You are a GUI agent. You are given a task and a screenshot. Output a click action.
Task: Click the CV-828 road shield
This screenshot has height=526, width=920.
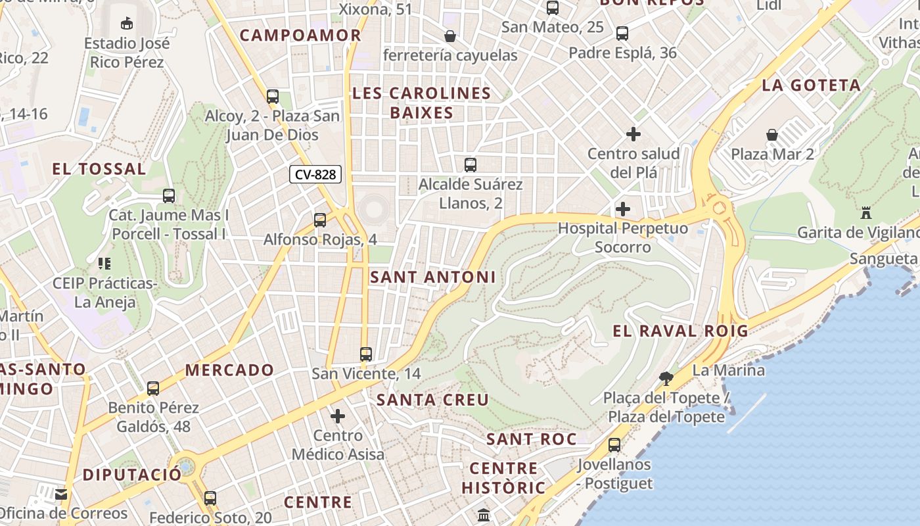click(x=315, y=174)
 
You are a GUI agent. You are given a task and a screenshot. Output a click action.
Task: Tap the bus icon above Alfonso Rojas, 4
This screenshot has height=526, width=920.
click(x=320, y=220)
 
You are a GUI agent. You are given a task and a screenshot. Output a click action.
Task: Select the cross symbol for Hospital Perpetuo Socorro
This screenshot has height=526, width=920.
click(x=622, y=210)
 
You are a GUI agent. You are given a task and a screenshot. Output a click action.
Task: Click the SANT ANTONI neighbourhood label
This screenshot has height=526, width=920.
click(x=433, y=277)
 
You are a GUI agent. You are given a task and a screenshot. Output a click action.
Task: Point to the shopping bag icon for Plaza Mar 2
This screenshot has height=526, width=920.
click(x=772, y=135)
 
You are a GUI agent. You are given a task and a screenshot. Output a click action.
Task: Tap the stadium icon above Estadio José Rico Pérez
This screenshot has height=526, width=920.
click(x=126, y=24)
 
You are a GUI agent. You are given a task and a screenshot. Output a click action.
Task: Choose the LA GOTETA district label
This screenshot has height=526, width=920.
click(x=812, y=85)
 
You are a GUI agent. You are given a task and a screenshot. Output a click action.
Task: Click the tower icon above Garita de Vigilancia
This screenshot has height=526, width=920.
click(x=866, y=213)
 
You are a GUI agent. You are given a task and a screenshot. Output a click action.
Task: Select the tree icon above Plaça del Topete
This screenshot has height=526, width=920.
click(x=666, y=378)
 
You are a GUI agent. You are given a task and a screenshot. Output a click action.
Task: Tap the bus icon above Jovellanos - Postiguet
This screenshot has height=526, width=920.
click(x=614, y=445)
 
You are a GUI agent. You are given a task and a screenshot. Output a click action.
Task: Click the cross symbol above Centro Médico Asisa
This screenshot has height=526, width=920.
click(x=338, y=416)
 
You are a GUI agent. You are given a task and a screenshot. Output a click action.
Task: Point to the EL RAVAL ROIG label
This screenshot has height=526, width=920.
click(x=681, y=331)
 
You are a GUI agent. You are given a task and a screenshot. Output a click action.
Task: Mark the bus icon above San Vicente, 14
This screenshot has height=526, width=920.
click(x=366, y=354)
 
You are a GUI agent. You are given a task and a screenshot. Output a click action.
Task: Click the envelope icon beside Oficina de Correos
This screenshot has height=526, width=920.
click(x=62, y=494)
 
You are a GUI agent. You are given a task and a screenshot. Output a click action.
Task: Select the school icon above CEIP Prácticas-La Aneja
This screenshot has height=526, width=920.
click(x=104, y=264)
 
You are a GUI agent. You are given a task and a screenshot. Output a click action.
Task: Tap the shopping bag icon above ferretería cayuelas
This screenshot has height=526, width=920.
click(x=450, y=36)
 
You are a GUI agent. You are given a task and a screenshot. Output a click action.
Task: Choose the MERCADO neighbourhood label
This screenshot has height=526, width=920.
click(x=229, y=370)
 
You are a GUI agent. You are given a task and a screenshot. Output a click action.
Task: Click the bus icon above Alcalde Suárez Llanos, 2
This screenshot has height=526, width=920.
click(x=471, y=165)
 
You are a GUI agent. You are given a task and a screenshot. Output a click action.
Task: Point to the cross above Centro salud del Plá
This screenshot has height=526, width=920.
click(x=633, y=134)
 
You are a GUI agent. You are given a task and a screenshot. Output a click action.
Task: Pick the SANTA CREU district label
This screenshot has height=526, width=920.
click(x=433, y=400)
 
